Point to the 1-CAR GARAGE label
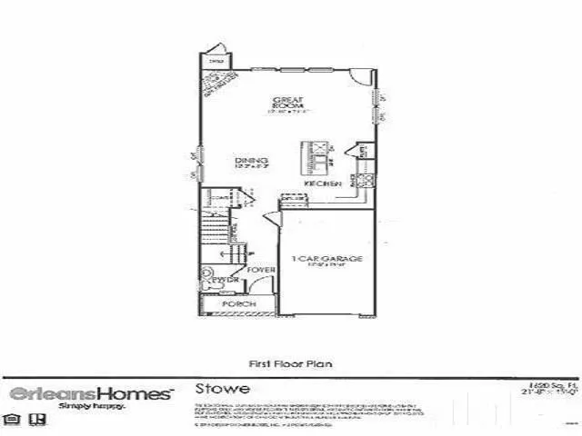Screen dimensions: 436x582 pyautogui.click(x=327, y=261)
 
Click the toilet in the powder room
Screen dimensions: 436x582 pyautogui.click(x=206, y=273)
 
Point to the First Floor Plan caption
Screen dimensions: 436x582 pyautogui.click(x=290, y=362)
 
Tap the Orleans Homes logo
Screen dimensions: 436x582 pyautogui.click(x=90, y=393)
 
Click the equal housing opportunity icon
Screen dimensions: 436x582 pyautogui.click(x=13, y=420)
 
